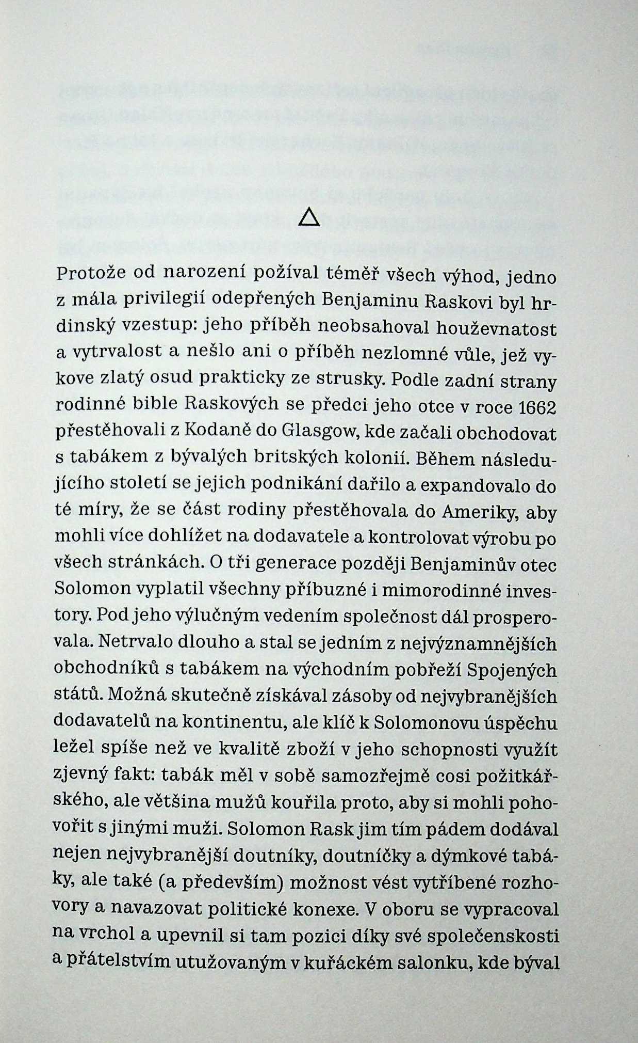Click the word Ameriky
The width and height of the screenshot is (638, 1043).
click(x=480, y=512)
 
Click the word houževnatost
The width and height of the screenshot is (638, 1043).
click(x=497, y=327)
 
